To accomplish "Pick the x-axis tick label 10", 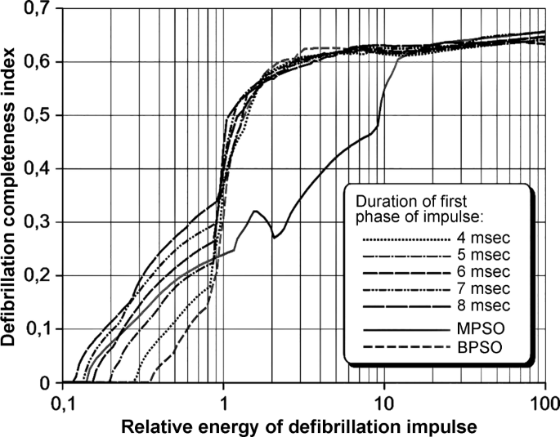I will pos(384,403).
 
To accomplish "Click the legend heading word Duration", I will pos(380,199).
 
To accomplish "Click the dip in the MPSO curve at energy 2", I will pos(275,237).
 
